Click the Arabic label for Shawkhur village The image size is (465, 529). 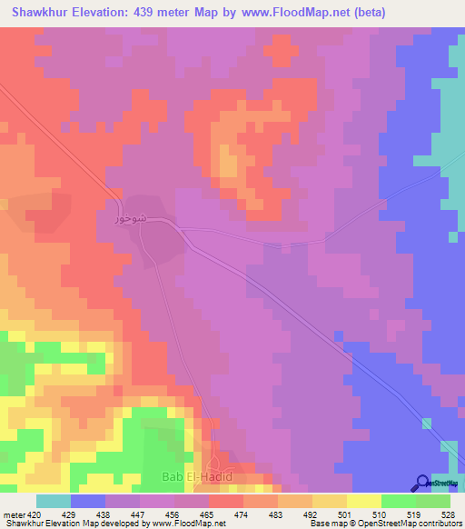pyautogui.click(x=129, y=220)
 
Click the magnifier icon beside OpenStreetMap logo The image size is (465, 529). pyautogui.click(x=420, y=484)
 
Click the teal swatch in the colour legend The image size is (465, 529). pyautogui.click(x=54, y=501)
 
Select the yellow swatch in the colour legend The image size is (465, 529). pyautogui.click(x=363, y=501)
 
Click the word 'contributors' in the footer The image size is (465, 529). pyautogui.click(x=433, y=523)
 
